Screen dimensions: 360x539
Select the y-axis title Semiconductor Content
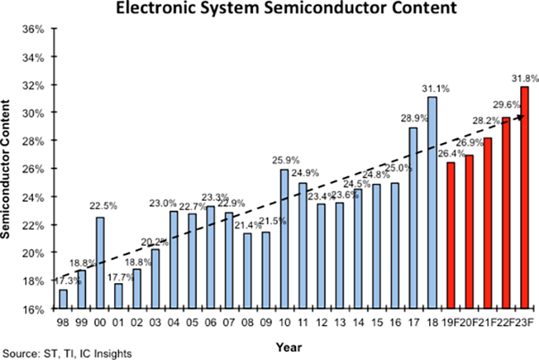click(x=9, y=170)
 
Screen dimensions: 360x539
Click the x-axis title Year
click(x=290, y=346)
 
